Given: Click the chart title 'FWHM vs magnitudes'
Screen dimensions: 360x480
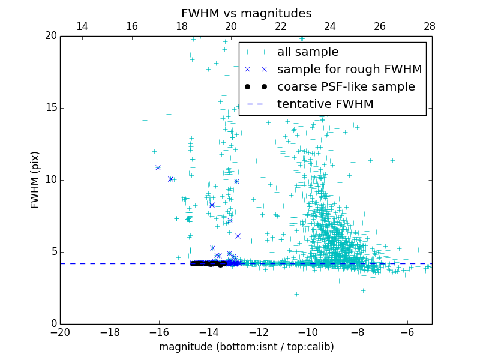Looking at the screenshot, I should click(x=246, y=13).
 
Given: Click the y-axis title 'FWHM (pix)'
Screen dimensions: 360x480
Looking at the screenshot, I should click(x=35, y=179).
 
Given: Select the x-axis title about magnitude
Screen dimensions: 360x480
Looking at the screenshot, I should click(x=246, y=347).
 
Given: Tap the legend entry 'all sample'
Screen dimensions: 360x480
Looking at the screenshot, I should click(x=308, y=52).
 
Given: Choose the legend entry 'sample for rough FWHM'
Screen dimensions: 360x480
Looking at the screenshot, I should click(x=349, y=70).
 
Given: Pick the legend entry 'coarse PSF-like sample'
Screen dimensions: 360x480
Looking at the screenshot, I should click(x=346, y=87).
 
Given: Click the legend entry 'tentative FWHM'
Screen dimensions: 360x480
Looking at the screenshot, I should click(x=325, y=104).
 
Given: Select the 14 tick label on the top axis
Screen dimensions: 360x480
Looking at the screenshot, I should click(x=82, y=27).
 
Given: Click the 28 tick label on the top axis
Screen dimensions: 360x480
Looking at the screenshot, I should click(x=430, y=27).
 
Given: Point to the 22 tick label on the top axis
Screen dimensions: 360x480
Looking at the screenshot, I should click(x=281, y=27).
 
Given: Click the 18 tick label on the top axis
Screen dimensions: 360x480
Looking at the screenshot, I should click(x=182, y=27).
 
